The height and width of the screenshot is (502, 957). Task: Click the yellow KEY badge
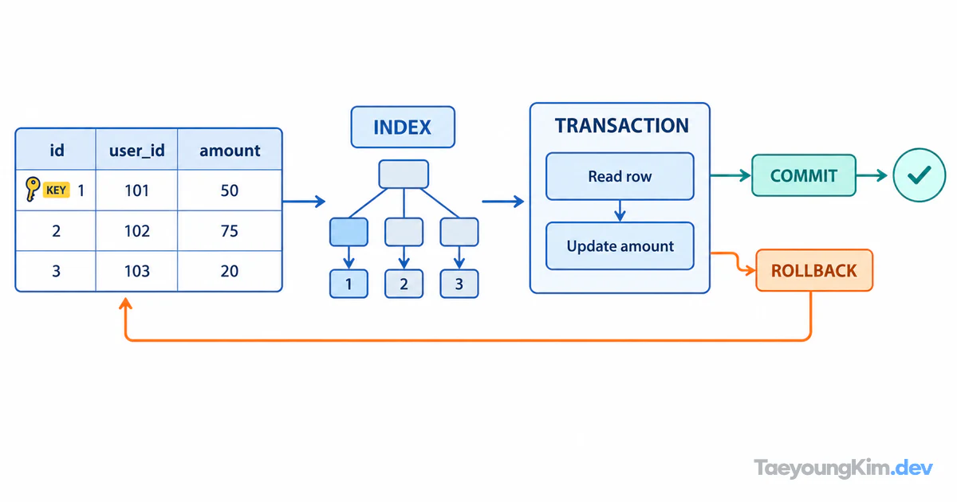pos(56,190)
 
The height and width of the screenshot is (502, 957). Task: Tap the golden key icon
pos(32,188)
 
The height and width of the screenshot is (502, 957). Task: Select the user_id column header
pos(136,150)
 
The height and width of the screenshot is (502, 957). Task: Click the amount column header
pos(230,150)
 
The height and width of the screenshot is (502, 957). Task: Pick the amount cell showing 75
pos(230,231)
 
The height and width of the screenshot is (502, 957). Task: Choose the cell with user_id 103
pos(136,271)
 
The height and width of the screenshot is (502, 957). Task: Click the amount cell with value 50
pos(230,190)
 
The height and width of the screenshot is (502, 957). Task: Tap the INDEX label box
pos(403,127)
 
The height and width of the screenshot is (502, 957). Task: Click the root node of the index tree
pos(404,175)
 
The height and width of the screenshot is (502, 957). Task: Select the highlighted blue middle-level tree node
pos(349,232)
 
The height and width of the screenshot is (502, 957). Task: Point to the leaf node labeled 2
pos(404,284)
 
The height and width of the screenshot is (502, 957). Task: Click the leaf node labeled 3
pos(459,284)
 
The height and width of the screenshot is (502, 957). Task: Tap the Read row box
pos(620,176)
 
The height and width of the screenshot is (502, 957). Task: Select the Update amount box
pos(620,246)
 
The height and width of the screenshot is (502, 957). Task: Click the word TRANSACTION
pos(621,126)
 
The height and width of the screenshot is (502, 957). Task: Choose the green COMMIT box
pos(804,175)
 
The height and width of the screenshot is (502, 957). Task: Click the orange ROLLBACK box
pos(814,271)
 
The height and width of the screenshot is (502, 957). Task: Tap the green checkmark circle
pos(920,175)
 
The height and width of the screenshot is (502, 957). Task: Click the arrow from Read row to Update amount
pos(620,211)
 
